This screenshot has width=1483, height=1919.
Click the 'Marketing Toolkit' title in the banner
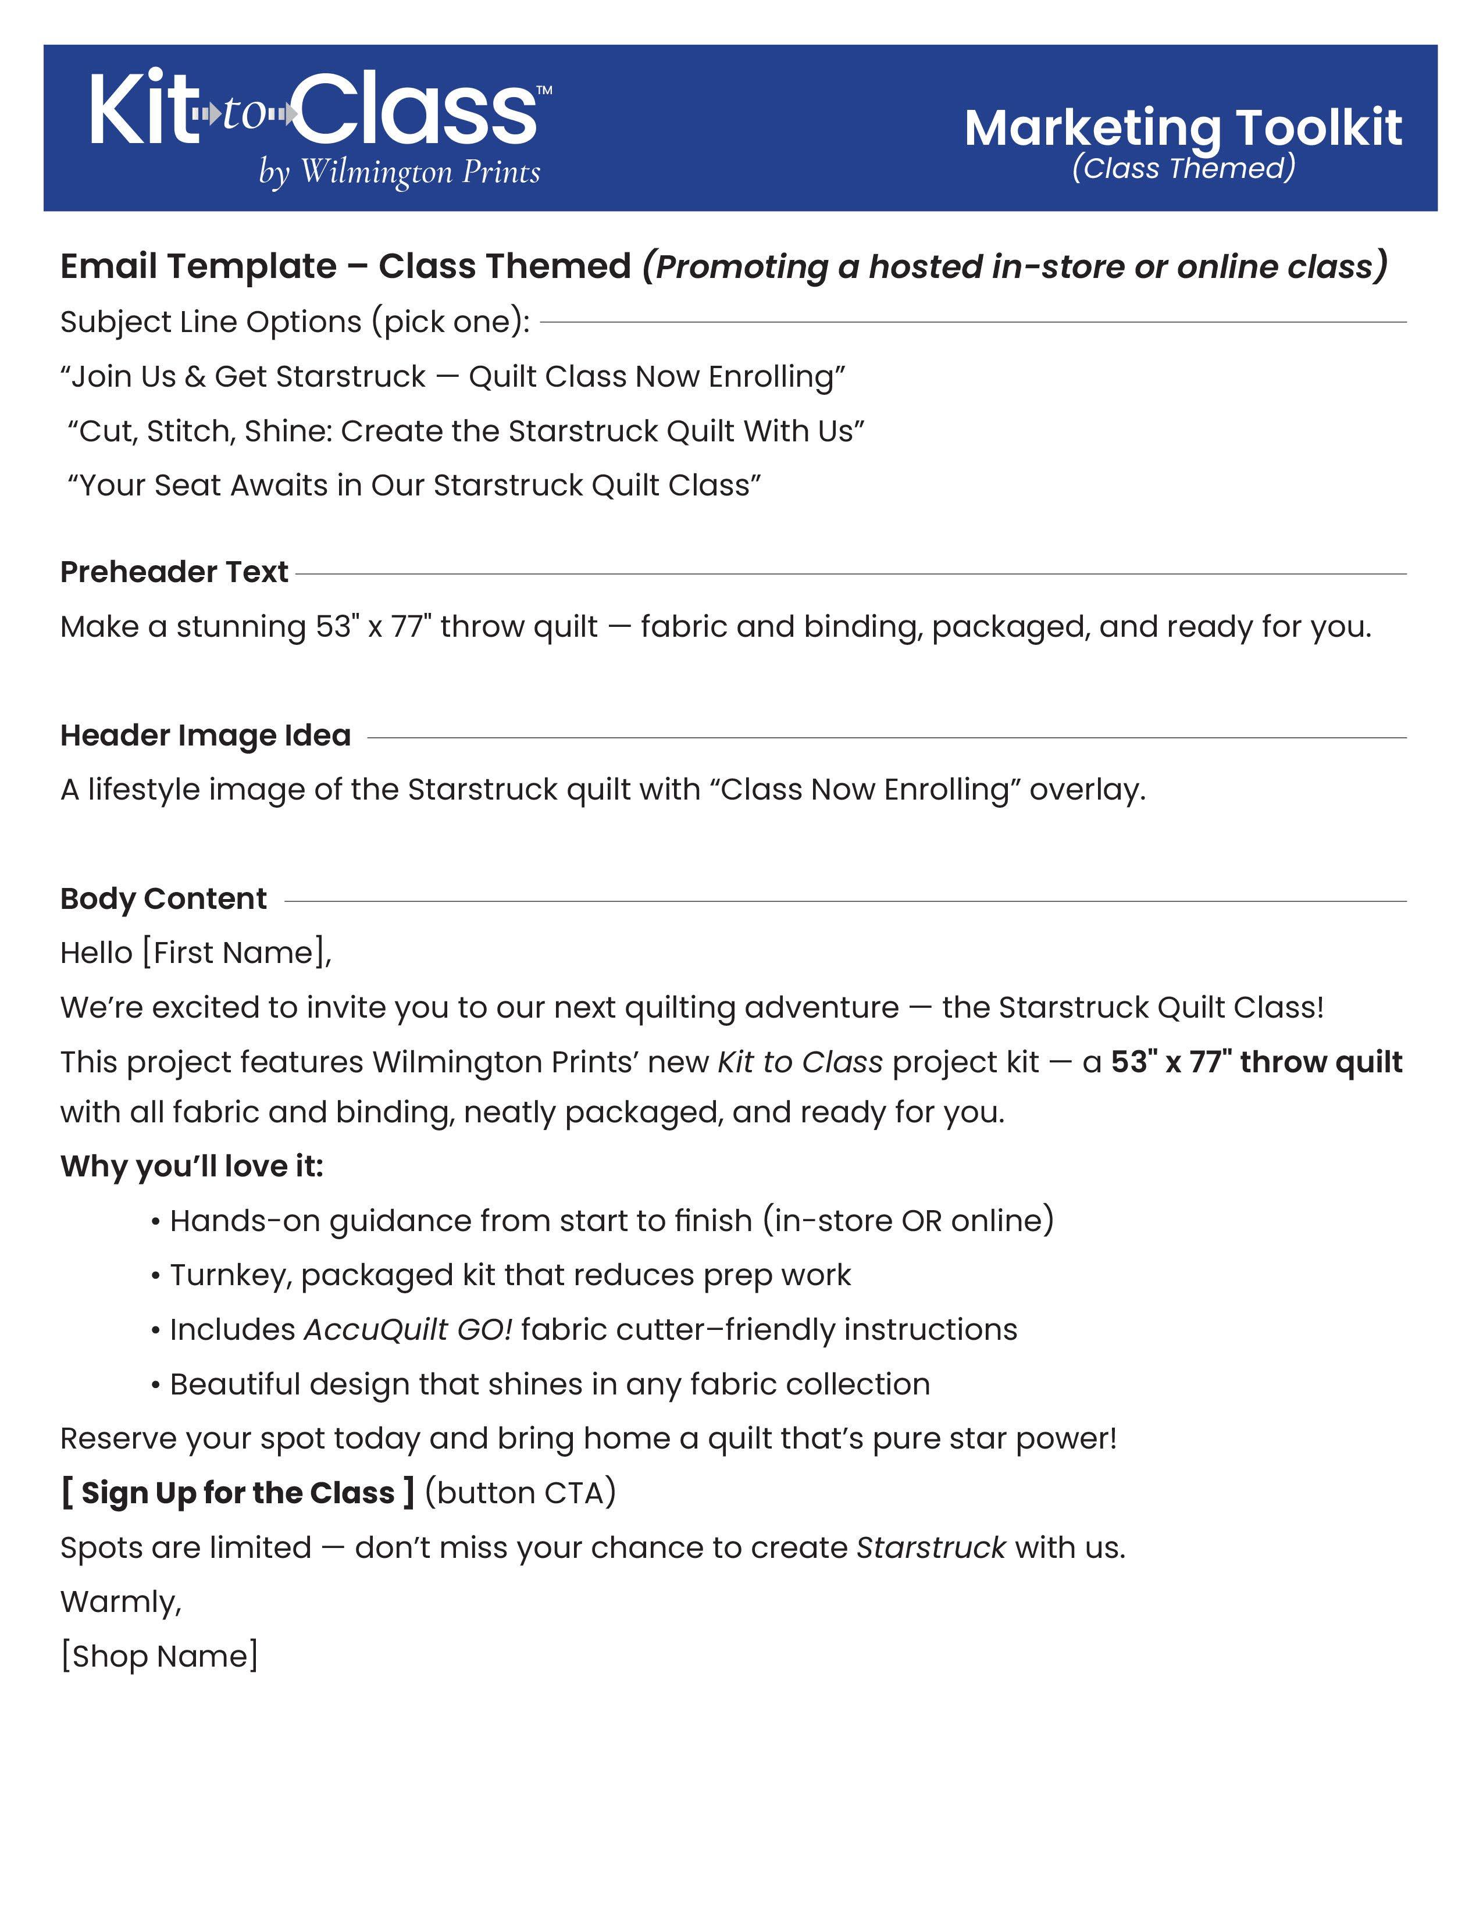pyautogui.click(x=1182, y=129)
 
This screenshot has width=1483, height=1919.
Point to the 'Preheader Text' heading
pyautogui.click(x=174, y=572)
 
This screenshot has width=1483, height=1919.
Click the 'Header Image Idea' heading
pyautogui.click(x=205, y=736)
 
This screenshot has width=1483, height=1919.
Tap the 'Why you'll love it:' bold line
pyautogui.click(x=191, y=1166)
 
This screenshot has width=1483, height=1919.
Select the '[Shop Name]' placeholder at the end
pyautogui.click(x=159, y=1656)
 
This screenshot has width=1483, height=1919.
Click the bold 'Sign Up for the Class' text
pyautogui.click(x=237, y=1493)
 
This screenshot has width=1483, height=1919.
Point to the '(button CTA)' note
pyautogui.click(x=520, y=1493)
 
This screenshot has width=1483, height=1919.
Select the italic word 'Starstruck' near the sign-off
pyautogui.click(x=931, y=1547)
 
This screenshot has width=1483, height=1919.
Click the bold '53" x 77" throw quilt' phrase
pyautogui.click(x=1256, y=1062)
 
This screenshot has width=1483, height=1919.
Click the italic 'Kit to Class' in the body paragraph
pyautogui.click(x=800, y=1062)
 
